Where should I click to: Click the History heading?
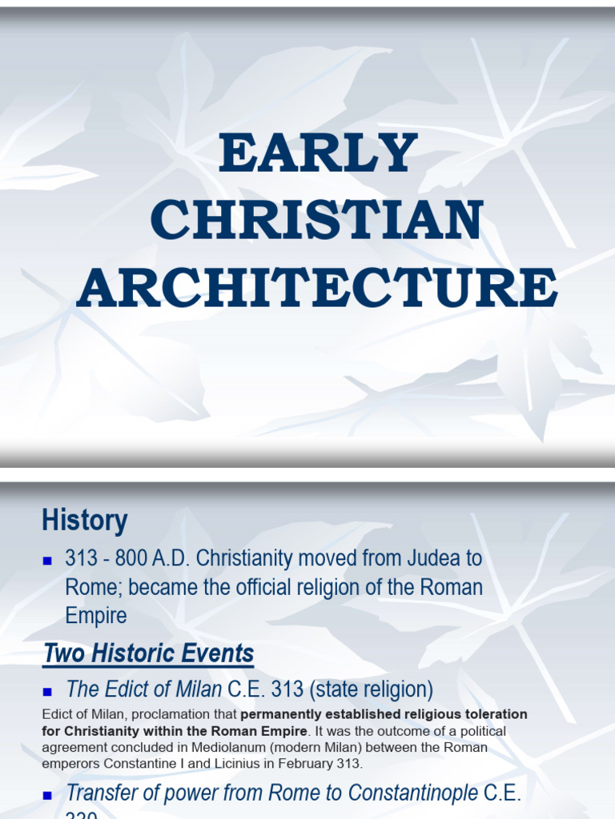click(85, 521)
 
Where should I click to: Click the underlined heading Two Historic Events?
click(149, 653)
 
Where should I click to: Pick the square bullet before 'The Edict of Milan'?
click(47, 689)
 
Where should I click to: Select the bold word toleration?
click(498, 713)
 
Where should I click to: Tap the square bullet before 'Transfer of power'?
click(47, 795)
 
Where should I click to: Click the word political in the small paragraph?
click(483, 730)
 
